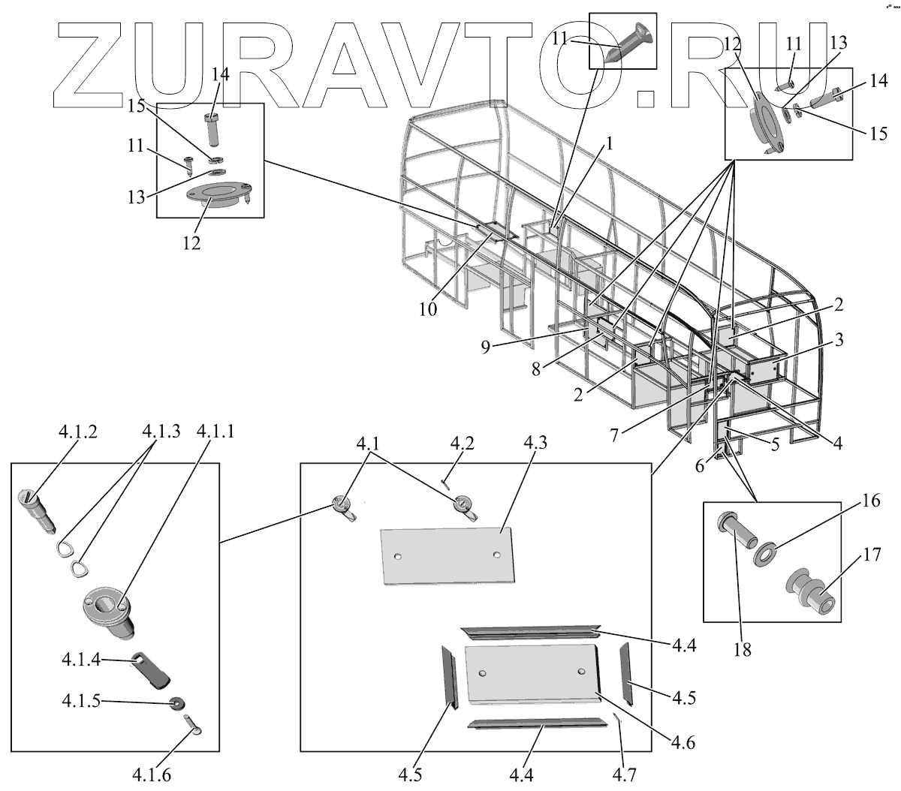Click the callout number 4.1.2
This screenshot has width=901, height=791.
tap(77, 432)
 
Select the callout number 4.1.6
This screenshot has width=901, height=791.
tap(151, 774)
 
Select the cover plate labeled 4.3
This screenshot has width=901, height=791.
tap(447, 554)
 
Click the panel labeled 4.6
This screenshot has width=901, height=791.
tap(532, 672)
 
